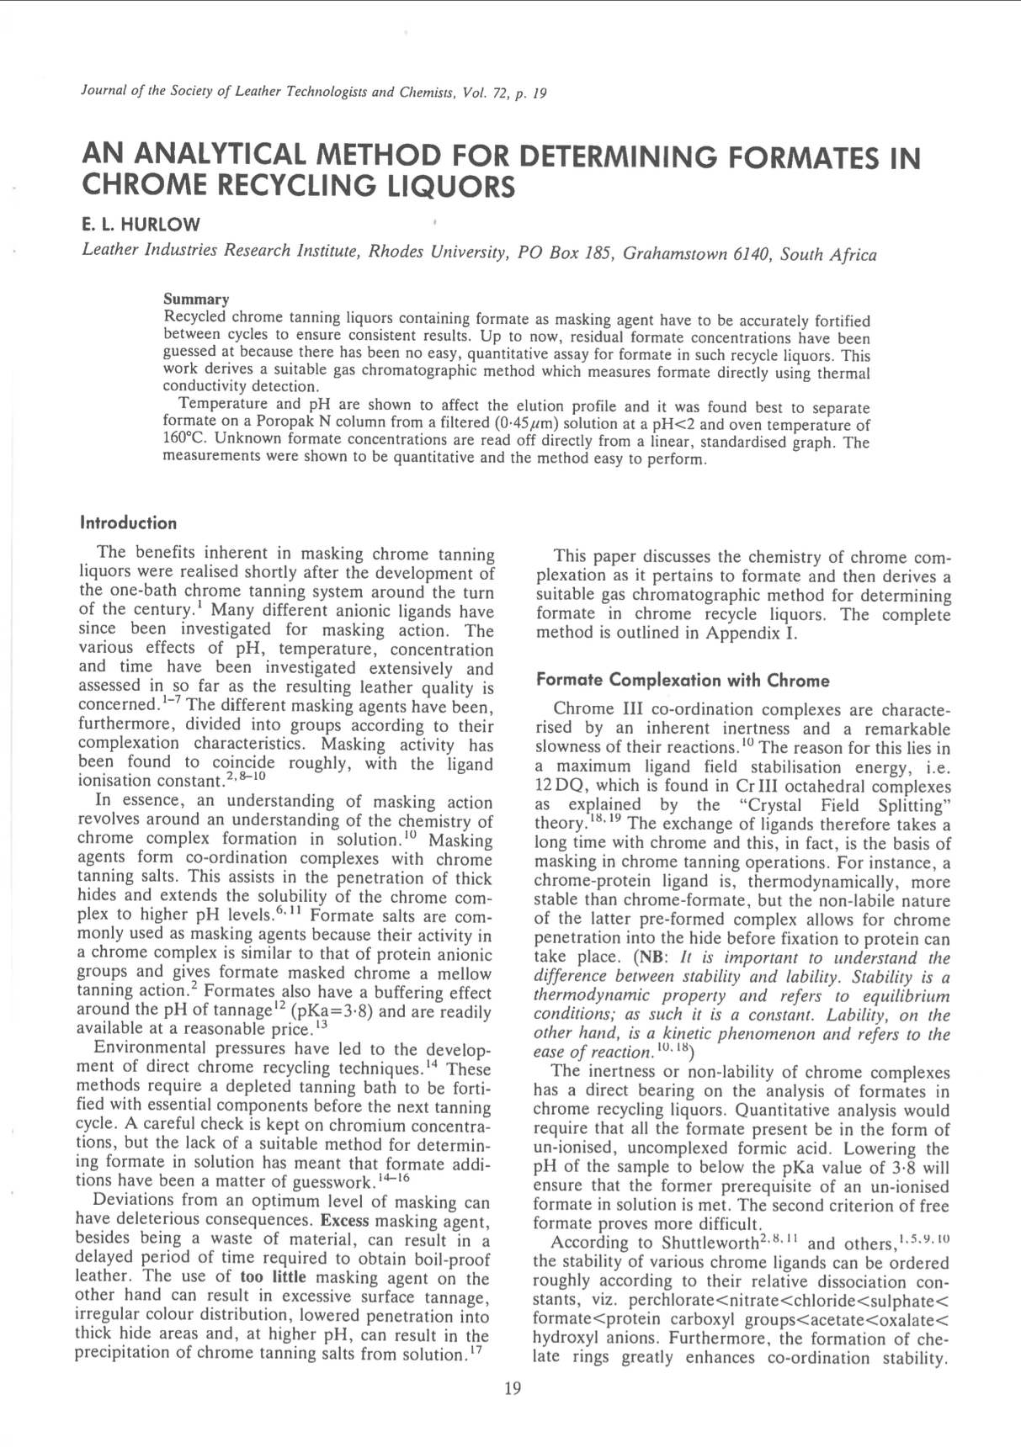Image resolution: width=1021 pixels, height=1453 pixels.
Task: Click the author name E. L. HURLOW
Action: (141, 225)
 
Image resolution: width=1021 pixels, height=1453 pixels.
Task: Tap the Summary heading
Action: (196, 300)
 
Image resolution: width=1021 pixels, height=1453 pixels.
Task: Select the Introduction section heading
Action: (128, 523)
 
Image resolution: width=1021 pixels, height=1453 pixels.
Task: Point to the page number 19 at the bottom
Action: (513, 1388)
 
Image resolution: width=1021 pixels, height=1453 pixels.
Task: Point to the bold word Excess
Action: (346, 1220)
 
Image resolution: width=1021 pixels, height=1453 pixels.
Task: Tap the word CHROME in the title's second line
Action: (145, 185)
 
